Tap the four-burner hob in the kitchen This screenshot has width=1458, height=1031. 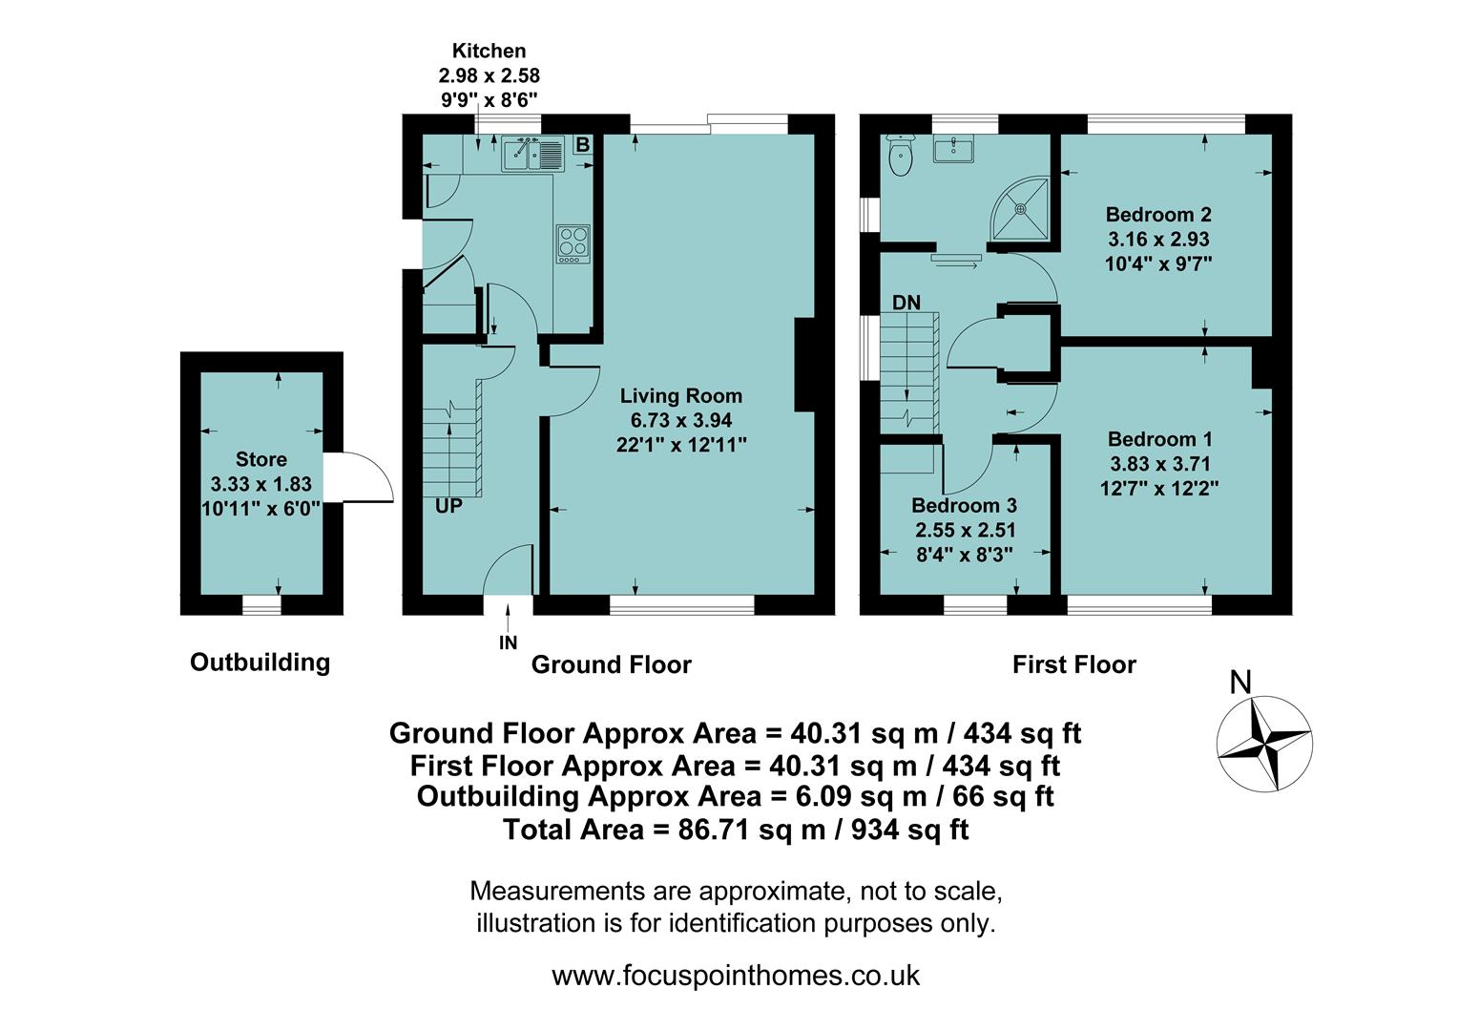573,242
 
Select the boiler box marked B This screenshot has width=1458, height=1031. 582,145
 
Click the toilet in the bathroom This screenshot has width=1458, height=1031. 900,157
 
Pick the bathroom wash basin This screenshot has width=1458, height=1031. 954,149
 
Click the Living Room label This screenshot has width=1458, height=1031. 680,396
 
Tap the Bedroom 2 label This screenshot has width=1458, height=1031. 1157,215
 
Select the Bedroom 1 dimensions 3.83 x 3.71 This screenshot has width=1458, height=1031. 1159,464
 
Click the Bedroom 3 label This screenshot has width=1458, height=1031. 964,505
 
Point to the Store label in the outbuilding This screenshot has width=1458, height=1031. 260,459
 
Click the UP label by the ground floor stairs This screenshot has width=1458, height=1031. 448,506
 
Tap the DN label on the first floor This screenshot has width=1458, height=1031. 906,303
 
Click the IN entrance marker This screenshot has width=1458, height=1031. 508,643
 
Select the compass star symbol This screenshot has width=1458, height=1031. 1263,744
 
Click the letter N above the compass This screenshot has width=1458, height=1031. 1240,683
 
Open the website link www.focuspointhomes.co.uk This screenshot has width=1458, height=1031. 735,976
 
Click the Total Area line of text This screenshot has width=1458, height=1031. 735,830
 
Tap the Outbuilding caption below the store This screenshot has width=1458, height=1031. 260,663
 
